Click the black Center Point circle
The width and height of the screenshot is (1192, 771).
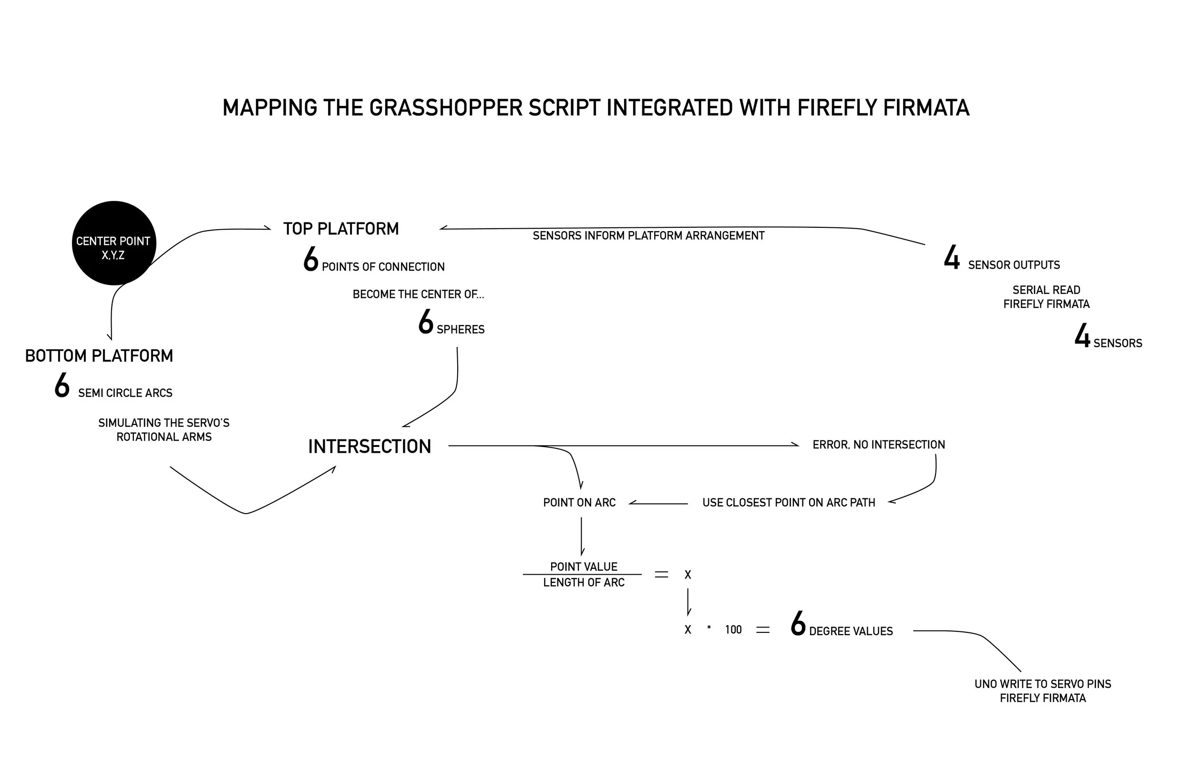pyautogui.click(x=113, y=243)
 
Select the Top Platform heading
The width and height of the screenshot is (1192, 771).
pyautogui.click(x=341, y=229)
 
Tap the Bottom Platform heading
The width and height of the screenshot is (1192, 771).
pyautogui.click(x=99, y=356)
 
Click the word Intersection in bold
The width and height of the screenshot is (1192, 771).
pyautogui.click(x=370, y=446)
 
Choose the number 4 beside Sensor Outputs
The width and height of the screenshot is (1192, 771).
pyautogui.click(x=952, y=258)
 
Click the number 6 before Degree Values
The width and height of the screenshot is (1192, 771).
pyautogui.click(x=798, y=624)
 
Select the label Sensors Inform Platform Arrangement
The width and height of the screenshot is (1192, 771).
pyautogui.click(x=648, y=236)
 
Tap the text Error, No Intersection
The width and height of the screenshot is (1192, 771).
pyautogui.click(x=878, y=445)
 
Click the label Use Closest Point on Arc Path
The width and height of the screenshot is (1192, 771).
pyautogui.click(x=788, y=503)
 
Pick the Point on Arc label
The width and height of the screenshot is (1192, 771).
pyautogui.click(x=579, y=503)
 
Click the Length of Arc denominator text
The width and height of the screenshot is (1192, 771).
pyautogui.click(x=584, y=583)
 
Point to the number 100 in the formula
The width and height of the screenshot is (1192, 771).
pyautogui.click(x=733, y=630)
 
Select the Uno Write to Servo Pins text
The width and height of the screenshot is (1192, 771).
pyautogui.click(x=1042, y=684)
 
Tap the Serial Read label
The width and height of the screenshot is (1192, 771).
pyautogui.click(x=1046, y=290)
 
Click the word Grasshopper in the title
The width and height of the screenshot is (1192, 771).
pyautogui.click(x=446, y=108)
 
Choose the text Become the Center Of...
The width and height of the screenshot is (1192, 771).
pyautogui.click(x=418, y=294)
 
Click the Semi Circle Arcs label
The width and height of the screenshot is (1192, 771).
pyautogui.click(x=125, y=393)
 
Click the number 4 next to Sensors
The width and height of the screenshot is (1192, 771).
pyautogui.click(x=1082, y=336)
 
